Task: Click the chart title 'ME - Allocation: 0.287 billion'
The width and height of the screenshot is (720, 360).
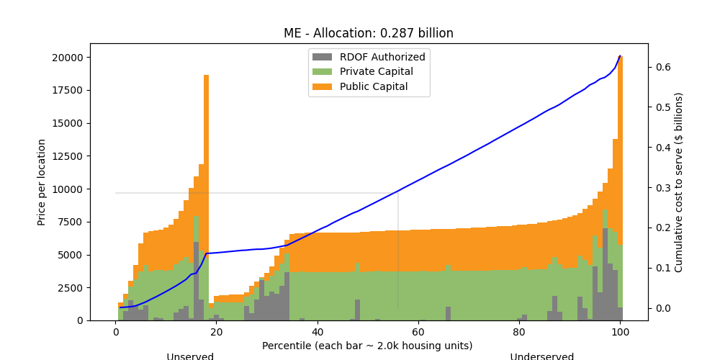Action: tap(369, 33)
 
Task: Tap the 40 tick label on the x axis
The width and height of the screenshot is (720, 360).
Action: tap(318, 332)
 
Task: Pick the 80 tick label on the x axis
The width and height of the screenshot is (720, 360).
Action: tap(519, 332)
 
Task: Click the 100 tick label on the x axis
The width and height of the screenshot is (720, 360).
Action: tap(620, 332)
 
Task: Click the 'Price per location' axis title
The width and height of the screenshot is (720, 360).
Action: tap(42, 182)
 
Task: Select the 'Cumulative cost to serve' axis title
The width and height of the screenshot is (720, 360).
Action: tap(678, 182)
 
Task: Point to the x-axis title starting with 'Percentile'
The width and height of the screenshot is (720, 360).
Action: tap(367, 346)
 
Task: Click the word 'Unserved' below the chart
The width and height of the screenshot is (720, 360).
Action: tap(190, 356)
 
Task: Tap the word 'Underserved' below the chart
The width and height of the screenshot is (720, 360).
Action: tap(542, 356)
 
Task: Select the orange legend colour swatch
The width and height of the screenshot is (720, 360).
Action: tap(323, 87)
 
